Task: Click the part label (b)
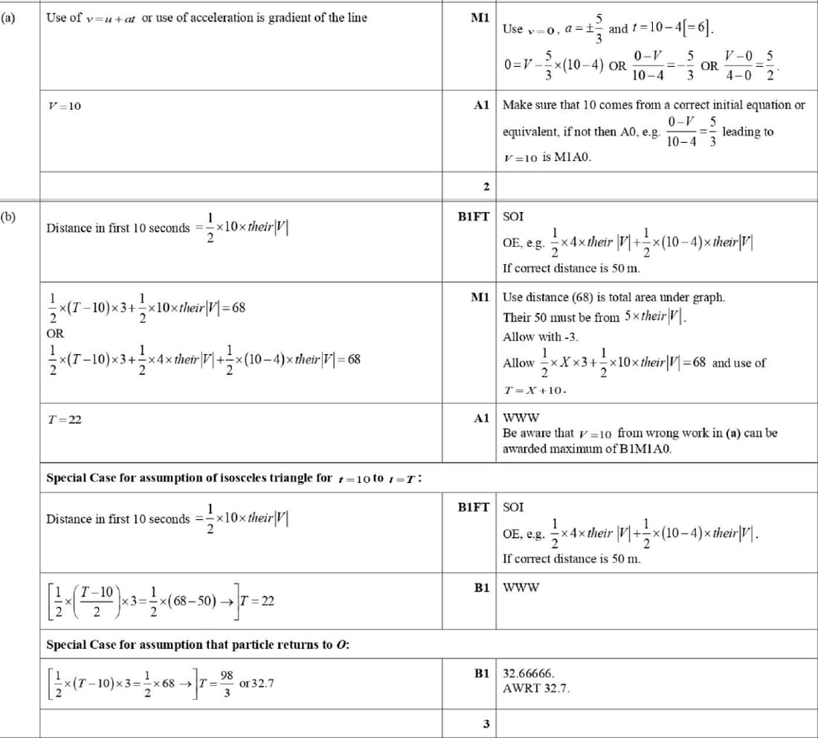pos(8,217)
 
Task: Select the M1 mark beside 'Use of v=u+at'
pos(480,18)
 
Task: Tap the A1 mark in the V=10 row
pos(480,105)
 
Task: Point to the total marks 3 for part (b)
pos(485,724)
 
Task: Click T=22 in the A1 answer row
pos(64,420)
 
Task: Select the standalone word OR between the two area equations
pos(54,333)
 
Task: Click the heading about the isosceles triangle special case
pos(234,478)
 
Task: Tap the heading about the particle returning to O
pos(198,644)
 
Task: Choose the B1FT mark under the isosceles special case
pos(474,507)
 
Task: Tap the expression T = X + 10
pos(535,389)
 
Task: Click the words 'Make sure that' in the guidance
pos(542,105)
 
